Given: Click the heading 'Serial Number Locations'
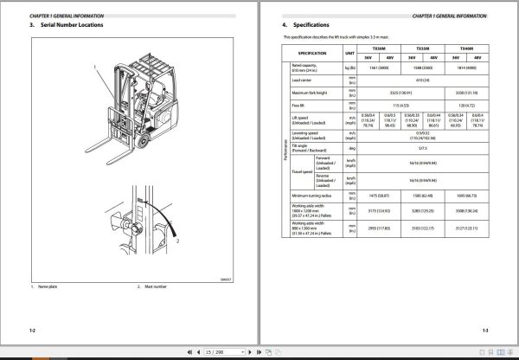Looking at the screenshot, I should pyautogui.click(x=73, y=25).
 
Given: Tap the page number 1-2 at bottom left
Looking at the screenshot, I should pyautogui.click(x=33, y=330).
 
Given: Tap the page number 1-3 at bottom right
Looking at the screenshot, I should pyautogui.click(x=485, y=330).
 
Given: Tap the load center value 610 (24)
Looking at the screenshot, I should pyautogui.click(x=423, y=78).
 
